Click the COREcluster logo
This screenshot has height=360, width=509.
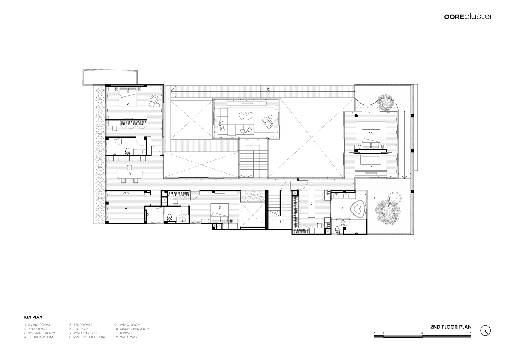(x=469, y=16)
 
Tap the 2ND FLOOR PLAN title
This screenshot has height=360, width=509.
(x=451, y=327)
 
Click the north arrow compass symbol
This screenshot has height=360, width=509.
(x=486, y=330)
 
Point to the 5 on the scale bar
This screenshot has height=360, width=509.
(x=422, y=333)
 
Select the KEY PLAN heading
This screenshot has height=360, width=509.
(x=33, y=317)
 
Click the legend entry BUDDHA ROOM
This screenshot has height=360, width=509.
(x=38, y=337)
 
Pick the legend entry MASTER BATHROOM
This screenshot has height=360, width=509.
(x=87, y=337)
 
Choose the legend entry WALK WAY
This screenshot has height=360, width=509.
(x=126, y=337)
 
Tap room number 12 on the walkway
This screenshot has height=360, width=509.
(x=268, y=89)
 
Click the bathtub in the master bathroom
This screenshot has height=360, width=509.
(x=358, y=208)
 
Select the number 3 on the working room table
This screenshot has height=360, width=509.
(x=129, y=174)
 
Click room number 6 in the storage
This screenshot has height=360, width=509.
(x=280, y=222)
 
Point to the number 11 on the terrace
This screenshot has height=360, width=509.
(x=375, y=198)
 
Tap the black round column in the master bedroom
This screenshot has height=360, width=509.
(x=356, y=116)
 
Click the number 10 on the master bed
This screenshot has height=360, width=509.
(x=371, y=134)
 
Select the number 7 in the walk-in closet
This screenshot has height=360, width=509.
(x=312, y=204)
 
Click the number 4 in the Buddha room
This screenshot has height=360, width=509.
(x=126, y=208)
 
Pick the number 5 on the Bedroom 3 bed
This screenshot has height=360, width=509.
(x=219, y=208)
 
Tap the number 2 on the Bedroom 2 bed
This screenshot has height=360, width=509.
(x=128, y=104)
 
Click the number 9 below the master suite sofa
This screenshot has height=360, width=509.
(x=371, y=167)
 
